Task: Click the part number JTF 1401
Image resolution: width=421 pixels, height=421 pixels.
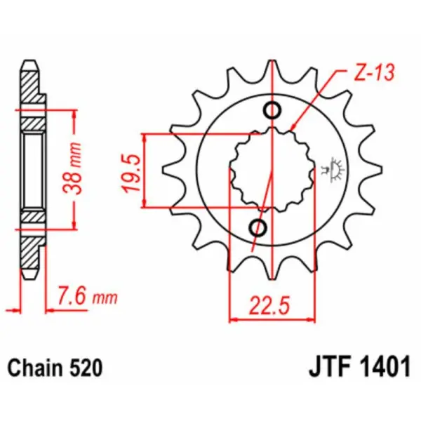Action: [x=359, y=368]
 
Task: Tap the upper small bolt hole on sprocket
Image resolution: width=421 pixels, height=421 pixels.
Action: [x=272, y=110]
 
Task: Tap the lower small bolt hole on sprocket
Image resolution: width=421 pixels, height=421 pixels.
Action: [x=258, y=228]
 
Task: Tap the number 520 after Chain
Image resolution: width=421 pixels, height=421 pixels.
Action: [x=88, y=368]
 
